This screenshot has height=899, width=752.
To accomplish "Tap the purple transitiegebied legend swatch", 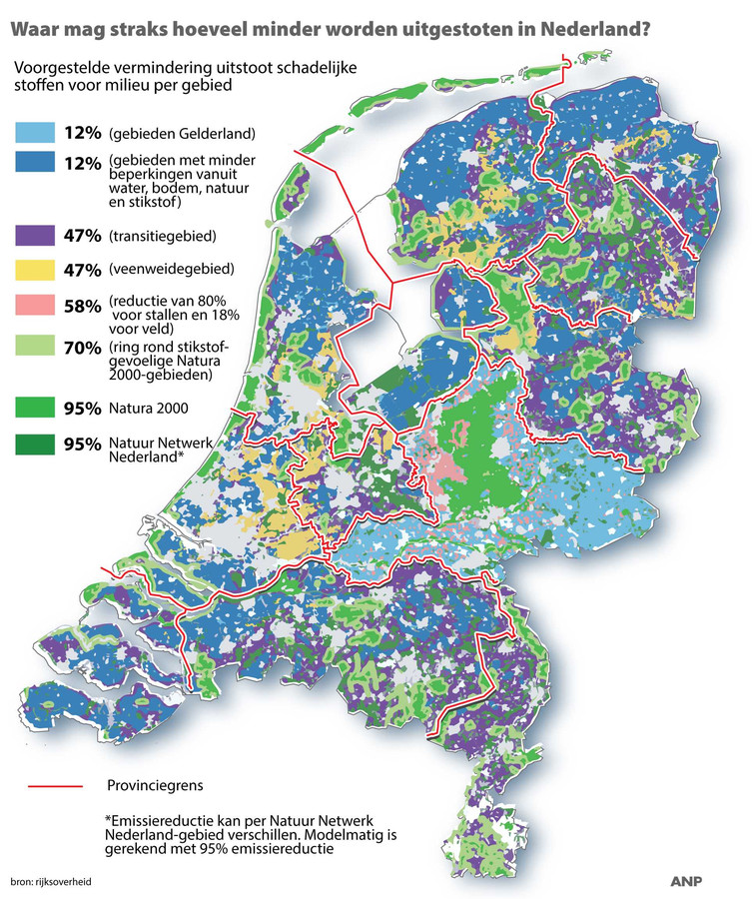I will [32, 237].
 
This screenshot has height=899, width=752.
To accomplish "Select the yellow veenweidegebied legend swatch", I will [32, 270].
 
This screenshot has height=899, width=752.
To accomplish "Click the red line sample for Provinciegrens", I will [50, 785].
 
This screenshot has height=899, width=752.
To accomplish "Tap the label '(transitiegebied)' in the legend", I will [163, 237].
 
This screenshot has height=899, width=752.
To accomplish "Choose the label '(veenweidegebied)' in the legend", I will [170, 270].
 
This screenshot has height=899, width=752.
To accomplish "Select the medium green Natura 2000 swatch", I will [32, 408].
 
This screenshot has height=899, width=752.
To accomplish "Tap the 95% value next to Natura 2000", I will [80, 409].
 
